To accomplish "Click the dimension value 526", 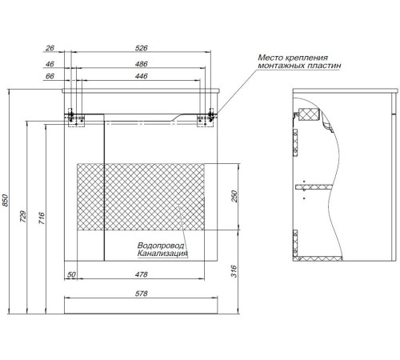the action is pyautogui.click(x=141, y=48).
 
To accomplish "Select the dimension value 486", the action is pyautogui.click(x=141, y=64).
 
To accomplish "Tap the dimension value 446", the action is pyautogui.click(x=141, y=76).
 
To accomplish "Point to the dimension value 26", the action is pyautogui.click(x=50, y=48).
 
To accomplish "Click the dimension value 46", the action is pyautogui.click(x=50, y=64).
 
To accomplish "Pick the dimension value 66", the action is pyautogui.click(x=50, y=76).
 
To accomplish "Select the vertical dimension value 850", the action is pyautogui.click(x=6, y=201).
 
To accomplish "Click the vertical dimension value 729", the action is pyautogui.click(x=23, y=217).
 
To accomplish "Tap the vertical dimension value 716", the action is pyautogui.click(x=42, y=218).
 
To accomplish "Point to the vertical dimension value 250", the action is pyautogui.click(x=234, y=196).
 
